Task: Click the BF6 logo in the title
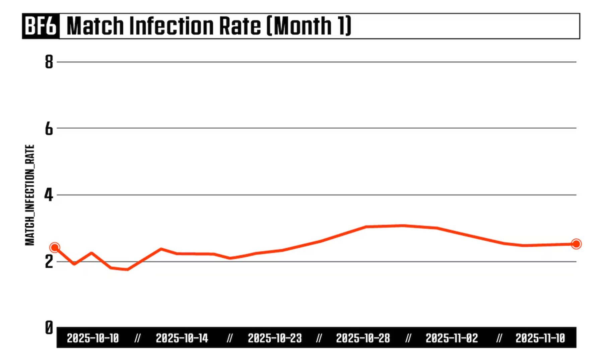click(41, 26)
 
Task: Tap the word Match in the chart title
click(95, 26)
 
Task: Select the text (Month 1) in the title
click(309, 26)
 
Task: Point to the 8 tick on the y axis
click(49, 62)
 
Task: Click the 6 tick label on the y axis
click(49, 129)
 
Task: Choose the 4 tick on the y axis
click(49, 195)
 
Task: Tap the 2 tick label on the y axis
click(49, 261)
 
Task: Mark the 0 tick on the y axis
click(49, 327)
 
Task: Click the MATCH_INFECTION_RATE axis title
click(30, 195)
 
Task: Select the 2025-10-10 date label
click(93, 338)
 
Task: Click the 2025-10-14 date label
click(182, 338)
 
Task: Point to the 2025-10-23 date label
click(275, 338)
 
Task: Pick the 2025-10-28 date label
click(363, 338)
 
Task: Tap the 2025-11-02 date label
click(452, 338)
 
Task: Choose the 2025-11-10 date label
click(540, 338)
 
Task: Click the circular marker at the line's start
click(55, 248)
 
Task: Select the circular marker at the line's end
click(576, 244)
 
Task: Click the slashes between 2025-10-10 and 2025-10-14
click(137, 338)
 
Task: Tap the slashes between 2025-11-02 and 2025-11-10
click(499, 338)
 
